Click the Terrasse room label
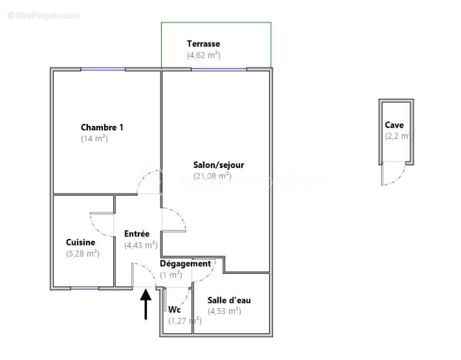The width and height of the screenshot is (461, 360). pyautogui.click(x=204, y=44)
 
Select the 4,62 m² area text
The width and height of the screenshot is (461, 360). pyautogui.click(x=204, y=55)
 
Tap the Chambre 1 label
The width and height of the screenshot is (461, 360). pyautogui.click(x=102, y=127)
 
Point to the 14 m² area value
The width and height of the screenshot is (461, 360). pyautogui.click(x=94, y=139)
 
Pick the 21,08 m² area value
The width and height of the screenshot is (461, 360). pyautogui.click(x=212, y=176)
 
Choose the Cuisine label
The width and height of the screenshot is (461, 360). pyautogui.click(x=80, y=242)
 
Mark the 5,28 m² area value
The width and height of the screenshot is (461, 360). pyautogui.click(x=82, y=254)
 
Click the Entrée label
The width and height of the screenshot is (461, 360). pyautogui.click(x=137, y=234)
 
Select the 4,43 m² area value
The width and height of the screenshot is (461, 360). pyautogui.click(x=141, y=245)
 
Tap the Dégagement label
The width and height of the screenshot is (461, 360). pyautogui.click(x=185, y=264)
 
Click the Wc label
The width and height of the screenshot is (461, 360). pyautogui.click(x=175, y=310)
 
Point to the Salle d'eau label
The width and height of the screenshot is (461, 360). pyautogui.click(x=229, y=300)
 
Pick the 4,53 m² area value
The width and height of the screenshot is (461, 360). pyautogui.click(x=224, y=311)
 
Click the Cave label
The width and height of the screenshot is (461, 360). pyautogui.click(x=394, y=125)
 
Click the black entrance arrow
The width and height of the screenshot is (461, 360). pyautogui.click(x=146, y=303)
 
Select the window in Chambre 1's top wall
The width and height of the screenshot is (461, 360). pyautogui.click(x=103, y=69)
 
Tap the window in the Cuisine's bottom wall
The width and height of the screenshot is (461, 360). pyautogui.click(x=85, y=288)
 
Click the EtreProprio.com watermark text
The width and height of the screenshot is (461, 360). pyautogui.click(x=44, y=16)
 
